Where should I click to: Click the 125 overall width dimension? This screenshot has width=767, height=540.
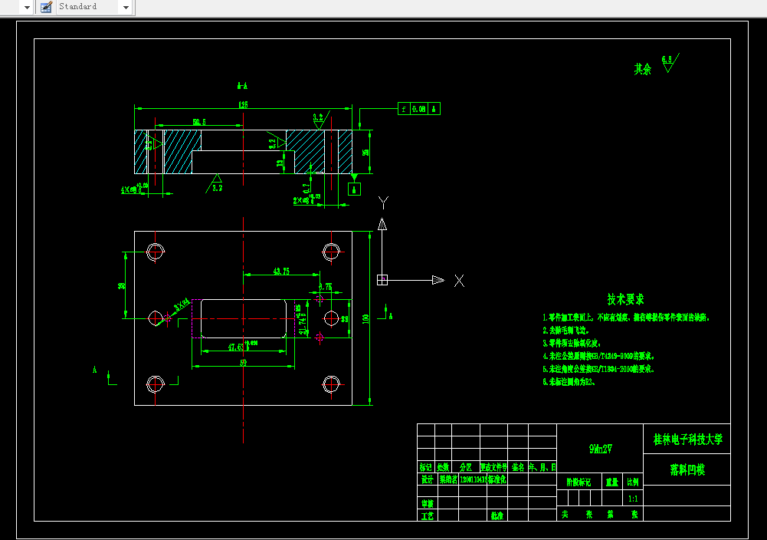point(243,104)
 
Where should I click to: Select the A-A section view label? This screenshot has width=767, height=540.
point(242,86)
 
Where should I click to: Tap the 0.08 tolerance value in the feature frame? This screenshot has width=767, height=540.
point(419,109)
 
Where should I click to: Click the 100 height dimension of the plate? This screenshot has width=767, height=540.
point(375,318)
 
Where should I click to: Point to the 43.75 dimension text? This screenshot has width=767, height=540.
point(281,271)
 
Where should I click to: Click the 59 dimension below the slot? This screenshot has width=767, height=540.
point(243,363)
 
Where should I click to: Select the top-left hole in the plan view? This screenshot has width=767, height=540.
point(156,252)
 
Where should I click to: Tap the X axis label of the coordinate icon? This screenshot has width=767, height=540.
point(459,281)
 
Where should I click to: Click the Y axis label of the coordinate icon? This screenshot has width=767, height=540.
point(383,202)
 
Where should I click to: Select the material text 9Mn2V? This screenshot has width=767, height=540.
point(600,449)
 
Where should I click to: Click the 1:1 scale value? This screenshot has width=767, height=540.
point(633,499)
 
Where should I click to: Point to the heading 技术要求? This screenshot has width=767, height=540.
point(626,299)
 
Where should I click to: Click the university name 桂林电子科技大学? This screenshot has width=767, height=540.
point(687,440)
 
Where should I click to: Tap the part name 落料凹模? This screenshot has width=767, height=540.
point(687,469)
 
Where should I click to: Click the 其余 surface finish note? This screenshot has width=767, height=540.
point(642,69)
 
